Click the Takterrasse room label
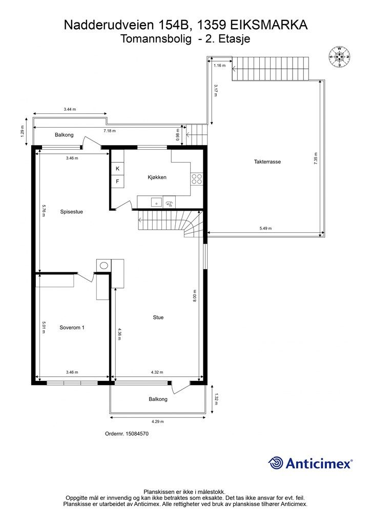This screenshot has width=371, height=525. [x=267, y=161]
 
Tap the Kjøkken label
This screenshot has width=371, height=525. [x=157, y=177]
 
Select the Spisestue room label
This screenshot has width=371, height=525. [x=71, y=212]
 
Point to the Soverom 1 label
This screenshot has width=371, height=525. [x=72, y=328]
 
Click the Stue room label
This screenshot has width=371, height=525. [x=158, y=317]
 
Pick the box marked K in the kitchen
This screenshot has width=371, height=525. [x=117, y=169]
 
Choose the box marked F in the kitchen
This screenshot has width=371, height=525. [x=117, y=181]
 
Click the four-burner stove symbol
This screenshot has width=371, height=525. [x=197, y=179]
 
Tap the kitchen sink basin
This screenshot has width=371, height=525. [x=156, y=203]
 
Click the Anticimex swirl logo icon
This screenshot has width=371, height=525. [x=276, y=463]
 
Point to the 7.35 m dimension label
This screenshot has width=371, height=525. [x=316, y=158]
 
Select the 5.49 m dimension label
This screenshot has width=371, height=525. [x=265, y=228]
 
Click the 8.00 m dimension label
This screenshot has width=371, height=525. [x=194, y=296]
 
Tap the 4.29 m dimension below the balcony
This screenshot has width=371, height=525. [x=157, y=421]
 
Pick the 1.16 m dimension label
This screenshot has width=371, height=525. [x=219, y=66]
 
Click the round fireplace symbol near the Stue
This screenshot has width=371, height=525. [x=104, y=266]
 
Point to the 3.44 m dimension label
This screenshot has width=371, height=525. [x=70, y=109]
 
